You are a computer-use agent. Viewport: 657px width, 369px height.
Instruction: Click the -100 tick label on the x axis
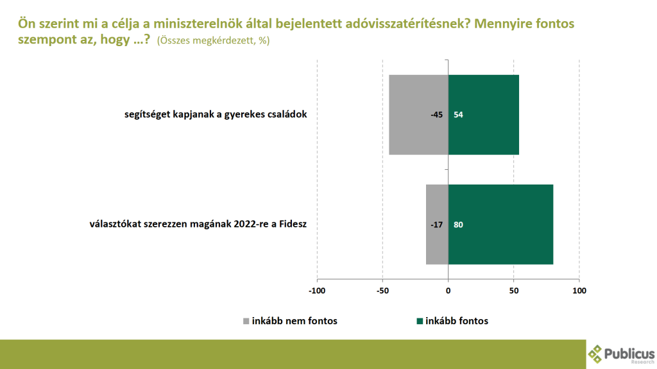tap(317, 290)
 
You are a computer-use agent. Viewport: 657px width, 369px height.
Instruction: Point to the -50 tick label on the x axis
tap(382, 290)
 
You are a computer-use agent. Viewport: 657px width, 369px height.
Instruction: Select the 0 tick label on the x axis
tap(448, 290)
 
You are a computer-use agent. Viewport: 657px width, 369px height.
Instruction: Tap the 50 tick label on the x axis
tap(514, 290)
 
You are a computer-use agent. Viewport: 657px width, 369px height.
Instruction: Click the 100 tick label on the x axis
tap(579, 290)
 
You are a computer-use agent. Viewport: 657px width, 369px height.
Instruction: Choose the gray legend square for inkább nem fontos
tap(246, 321)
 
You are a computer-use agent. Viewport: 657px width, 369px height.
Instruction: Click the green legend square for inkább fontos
tap(420, 321)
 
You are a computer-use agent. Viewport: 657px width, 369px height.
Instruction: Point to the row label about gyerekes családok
tap(217, 115)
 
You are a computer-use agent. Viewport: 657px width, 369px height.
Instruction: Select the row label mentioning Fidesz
tap(199, 225)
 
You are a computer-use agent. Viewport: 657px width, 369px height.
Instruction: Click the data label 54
tap(458, 115)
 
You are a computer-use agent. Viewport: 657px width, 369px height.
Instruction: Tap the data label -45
tap(437, 115)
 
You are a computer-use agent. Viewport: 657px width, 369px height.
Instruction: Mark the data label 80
tap(458, 225)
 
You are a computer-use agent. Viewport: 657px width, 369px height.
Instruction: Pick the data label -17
tap(437, 225)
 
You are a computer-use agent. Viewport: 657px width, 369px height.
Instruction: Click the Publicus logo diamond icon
tap(597, 354)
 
